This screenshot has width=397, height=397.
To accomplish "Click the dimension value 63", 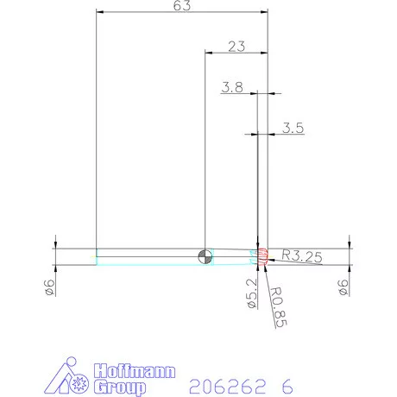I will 182,5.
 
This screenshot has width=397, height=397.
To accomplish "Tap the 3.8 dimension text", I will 231,87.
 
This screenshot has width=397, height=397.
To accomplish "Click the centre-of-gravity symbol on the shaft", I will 204,255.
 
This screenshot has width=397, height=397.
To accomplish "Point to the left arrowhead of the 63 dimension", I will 99,13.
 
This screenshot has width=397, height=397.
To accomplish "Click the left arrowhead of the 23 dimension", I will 208,52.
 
